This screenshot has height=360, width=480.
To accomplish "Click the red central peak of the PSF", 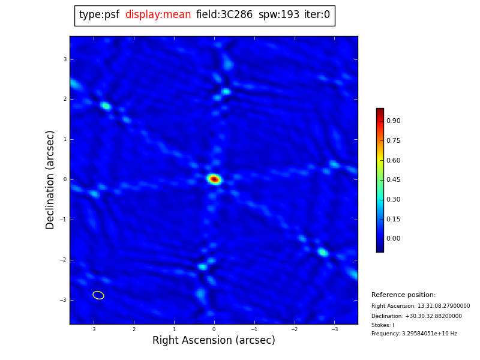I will coord(214,179).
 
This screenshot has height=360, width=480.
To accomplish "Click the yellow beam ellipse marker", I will coord(98,295).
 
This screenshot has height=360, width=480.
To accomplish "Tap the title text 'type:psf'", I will coord(99,15).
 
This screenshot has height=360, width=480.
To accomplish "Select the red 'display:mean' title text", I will coord(158,15).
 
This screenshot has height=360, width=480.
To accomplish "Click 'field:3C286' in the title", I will coord(224,15).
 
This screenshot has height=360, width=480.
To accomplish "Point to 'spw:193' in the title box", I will coord(278,15).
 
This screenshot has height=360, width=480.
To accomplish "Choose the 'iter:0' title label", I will coord(317,15).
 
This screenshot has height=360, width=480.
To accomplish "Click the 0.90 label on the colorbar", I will coord(394,121).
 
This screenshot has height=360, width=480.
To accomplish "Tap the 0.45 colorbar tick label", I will coord(394,180).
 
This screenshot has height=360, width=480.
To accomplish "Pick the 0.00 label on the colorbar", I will coord(394,239).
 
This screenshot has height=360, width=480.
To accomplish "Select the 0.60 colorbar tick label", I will coord(394,160).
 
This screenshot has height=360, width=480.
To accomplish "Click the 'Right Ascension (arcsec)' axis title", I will coord(214,341).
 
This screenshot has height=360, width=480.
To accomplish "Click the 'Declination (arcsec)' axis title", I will coord(50,179).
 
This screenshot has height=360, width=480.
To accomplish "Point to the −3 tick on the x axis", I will coord(335,329).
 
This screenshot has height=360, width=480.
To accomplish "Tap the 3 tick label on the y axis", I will coord(65,59).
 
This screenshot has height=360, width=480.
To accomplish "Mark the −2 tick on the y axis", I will coord(64,260).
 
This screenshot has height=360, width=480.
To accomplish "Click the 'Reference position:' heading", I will coord(403,295).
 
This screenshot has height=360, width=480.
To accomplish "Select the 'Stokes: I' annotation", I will coord(383,325).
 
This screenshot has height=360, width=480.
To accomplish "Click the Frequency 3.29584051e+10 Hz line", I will coord(414,334).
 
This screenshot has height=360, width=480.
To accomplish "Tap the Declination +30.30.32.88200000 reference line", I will coord(416,316).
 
